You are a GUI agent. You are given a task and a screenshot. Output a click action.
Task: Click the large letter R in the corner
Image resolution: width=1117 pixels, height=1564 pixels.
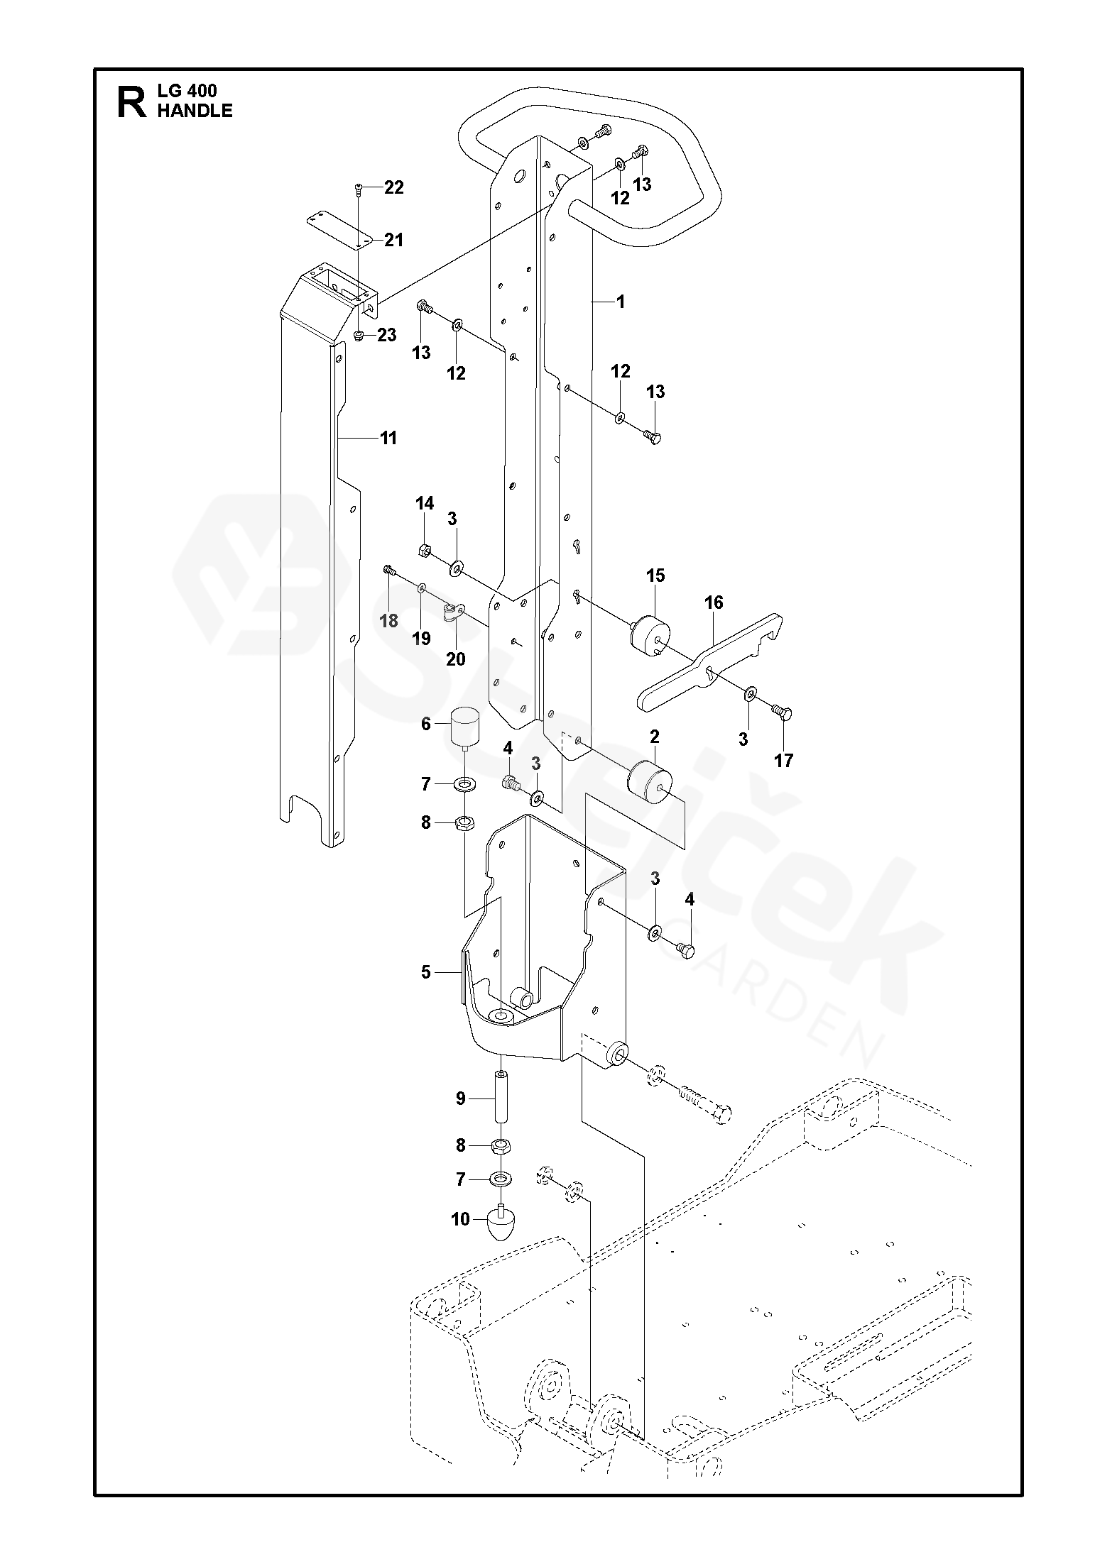coord(131,101)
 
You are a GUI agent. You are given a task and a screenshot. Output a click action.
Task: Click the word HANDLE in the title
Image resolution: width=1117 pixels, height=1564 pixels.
coord(195,111)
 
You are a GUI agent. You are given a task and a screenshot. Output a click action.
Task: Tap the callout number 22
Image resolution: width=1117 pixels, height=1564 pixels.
coord(393,187)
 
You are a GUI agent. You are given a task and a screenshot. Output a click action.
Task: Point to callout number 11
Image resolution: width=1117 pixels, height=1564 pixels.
coord(388,438)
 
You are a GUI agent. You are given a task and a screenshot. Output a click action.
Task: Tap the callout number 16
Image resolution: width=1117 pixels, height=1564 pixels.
coord(714,602)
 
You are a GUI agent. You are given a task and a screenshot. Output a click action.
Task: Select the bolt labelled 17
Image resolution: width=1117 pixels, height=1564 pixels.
coord(783,712)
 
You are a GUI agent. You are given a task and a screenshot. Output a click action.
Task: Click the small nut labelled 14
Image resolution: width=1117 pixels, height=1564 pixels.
coord(424,549)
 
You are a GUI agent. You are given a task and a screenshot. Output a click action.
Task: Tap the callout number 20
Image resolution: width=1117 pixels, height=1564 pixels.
coord(455,659)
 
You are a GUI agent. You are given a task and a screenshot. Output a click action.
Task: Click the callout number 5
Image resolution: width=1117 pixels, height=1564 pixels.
coord(425,971)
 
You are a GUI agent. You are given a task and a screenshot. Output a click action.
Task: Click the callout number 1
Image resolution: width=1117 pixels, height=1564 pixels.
coord(621,302)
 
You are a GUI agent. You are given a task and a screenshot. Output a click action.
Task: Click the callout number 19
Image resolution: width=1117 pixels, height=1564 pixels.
coord(421,638)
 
